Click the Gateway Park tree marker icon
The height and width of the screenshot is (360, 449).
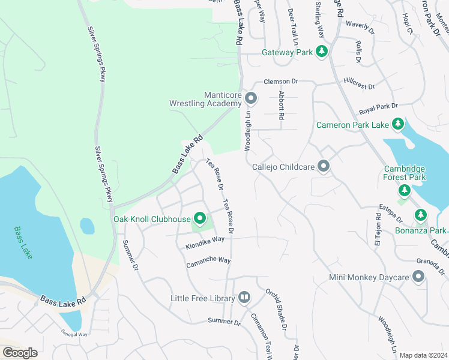coord(322,52)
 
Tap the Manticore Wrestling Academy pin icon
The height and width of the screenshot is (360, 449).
coord(250,98)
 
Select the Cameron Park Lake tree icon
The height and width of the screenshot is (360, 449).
coord(397,124)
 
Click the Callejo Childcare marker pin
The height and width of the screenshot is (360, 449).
coord(324,166)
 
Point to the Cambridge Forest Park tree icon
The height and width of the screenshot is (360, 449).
coord(405,191)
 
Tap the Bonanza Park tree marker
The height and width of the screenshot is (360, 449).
coord(420,215)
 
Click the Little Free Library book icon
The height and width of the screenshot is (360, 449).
coord(244,298)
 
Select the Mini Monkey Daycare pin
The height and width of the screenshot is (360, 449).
coord(418,277)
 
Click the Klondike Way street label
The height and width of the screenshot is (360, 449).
coord(205,242)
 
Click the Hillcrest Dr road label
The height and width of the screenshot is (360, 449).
coord(359,83)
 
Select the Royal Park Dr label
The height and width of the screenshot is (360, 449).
coord(378,109)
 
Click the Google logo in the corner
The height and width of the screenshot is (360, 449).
coord(20,352)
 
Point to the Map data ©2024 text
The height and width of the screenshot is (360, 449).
coord(423,355)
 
